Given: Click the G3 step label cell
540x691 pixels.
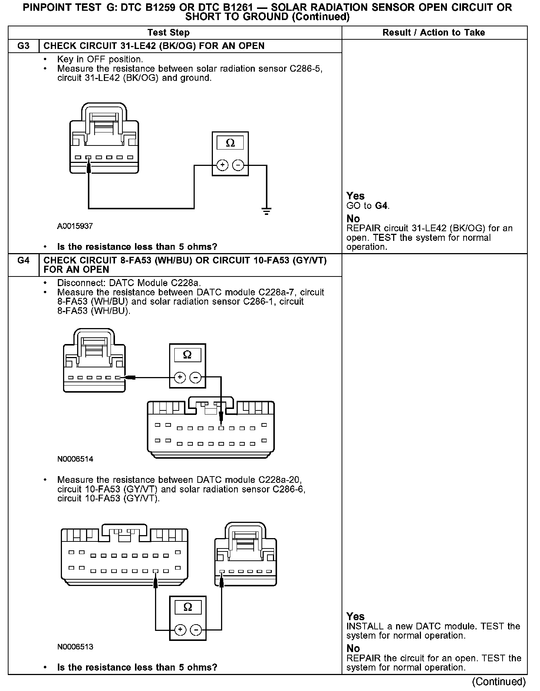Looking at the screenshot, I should pos(23,46).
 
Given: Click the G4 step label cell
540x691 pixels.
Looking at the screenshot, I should pos(23,261).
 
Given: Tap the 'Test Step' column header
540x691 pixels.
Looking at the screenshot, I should pos(168,33).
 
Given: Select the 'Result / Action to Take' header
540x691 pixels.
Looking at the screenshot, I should pos(434,33).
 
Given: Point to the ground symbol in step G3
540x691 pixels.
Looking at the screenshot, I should pos(266,212).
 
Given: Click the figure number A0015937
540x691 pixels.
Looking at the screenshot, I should pos(75,226).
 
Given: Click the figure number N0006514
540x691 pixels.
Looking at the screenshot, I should pos(75,459).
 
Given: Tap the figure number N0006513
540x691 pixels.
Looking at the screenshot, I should pos(75,647).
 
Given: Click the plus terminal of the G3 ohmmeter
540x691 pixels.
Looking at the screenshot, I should pos(222,165).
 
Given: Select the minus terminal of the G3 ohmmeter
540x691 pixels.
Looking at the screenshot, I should pos(238,165).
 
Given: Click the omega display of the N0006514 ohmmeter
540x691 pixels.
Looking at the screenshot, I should pos(187,355).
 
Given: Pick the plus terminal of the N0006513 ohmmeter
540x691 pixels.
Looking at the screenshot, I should pos(180,630).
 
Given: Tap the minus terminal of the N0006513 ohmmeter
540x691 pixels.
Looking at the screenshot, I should pos(196,630).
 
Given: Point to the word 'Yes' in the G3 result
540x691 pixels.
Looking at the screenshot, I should pos(355,196).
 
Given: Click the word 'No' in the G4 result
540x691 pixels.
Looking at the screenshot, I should pos(353,648).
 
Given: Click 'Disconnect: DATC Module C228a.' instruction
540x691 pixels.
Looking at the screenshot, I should pos(129,283).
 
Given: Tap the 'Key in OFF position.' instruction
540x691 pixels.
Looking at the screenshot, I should pos(100,59).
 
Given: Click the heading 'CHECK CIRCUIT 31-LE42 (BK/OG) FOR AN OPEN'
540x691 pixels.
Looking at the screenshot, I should pos(154,46).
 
